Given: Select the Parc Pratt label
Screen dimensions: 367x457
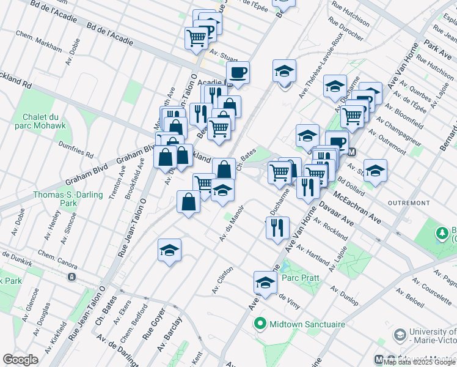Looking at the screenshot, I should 297,278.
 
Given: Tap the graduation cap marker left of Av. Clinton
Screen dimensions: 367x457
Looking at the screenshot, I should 169,250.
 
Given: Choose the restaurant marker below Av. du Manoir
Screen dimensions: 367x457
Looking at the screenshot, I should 277,228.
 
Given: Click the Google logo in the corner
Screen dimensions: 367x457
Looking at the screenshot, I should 20,360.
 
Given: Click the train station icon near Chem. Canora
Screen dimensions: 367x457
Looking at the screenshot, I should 71,277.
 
